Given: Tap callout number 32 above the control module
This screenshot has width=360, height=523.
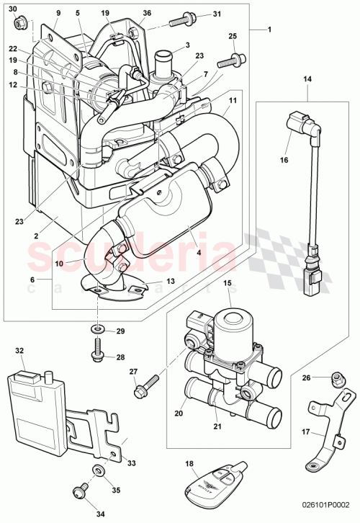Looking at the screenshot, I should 19,351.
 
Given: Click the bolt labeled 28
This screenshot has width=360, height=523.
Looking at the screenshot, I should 96,352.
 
